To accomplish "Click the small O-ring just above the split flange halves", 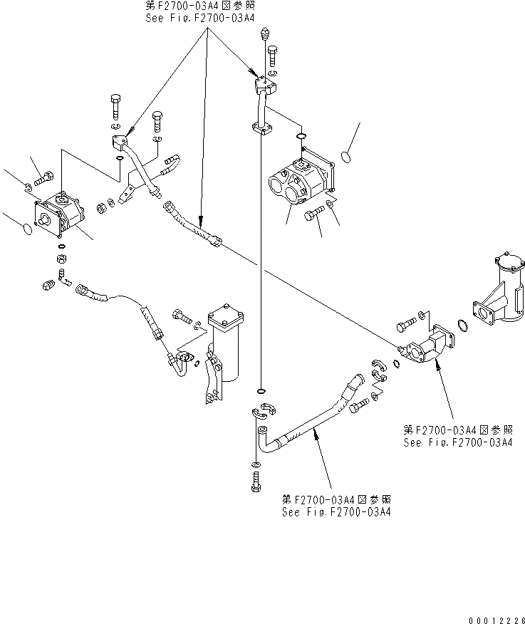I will coord(261,391).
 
